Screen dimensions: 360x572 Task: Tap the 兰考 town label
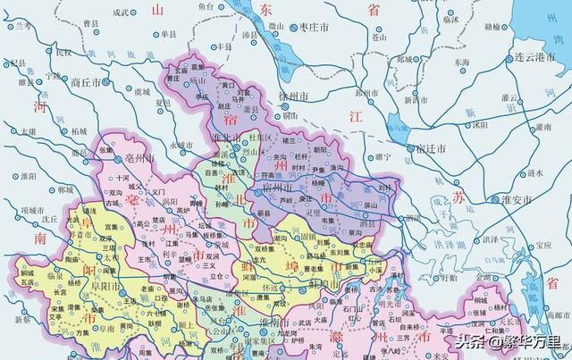[x=17, y=27]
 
